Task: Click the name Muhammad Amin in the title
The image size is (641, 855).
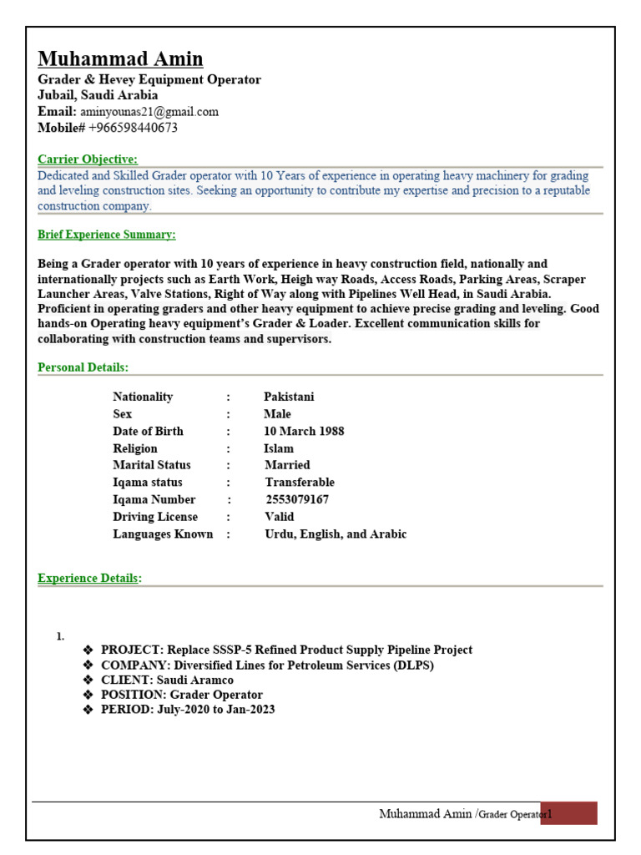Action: [120, 58]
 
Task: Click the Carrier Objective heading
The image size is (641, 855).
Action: [88, 159]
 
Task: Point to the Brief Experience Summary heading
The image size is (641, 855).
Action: [107, 235]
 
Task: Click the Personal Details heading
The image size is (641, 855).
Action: [83, 367]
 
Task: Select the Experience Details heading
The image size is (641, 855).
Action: [89, 578]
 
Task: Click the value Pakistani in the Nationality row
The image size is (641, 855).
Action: [289, 397]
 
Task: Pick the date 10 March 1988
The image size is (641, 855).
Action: [304, 431]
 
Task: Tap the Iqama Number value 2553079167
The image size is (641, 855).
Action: [296, 499]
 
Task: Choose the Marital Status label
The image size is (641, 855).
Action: [152, 465]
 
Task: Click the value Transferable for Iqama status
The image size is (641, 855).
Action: [300, 482]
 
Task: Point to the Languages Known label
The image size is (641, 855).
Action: [163, 534]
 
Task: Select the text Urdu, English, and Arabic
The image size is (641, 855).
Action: [336, 534]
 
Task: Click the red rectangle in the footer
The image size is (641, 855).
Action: [568, 813]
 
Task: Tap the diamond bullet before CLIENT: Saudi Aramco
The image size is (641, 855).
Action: [88, 680]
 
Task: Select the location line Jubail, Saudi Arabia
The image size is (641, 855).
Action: [98, 95]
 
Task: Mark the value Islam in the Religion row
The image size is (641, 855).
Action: [279, 448]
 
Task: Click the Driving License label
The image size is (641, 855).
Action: [155, 516]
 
